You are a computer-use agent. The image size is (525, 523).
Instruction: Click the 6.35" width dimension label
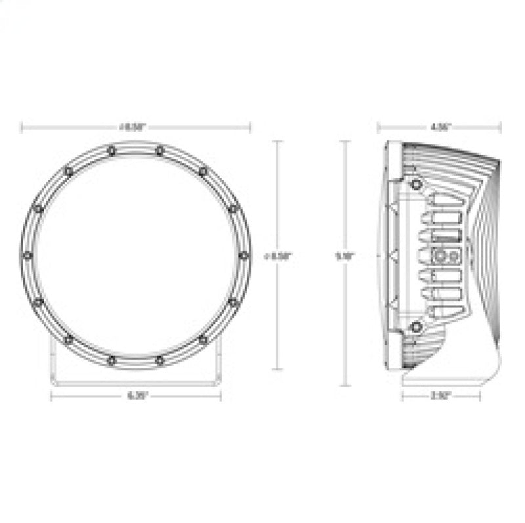136,396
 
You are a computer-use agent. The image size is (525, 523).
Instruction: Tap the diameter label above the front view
136,127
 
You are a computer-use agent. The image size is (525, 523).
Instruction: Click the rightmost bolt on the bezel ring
243,255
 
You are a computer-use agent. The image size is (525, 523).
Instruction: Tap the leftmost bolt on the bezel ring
27,255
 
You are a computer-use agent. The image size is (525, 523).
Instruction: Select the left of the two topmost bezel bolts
111,151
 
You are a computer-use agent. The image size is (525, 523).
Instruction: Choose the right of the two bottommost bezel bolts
159,360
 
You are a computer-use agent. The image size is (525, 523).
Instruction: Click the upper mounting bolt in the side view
415,185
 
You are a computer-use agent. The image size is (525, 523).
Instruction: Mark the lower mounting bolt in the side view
415,327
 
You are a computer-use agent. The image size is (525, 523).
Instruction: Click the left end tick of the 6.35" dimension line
51,396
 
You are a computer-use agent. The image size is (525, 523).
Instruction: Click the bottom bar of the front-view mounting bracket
136,380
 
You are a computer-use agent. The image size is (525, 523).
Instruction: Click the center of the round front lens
135,255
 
